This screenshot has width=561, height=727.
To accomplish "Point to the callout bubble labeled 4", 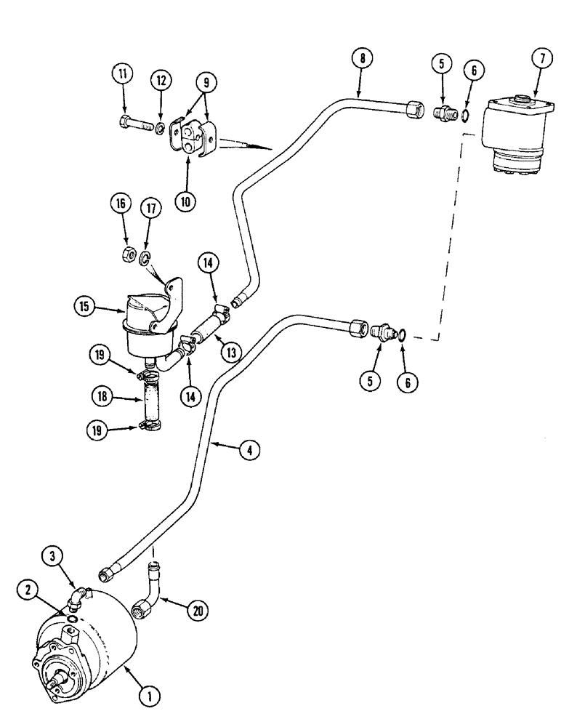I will tap(249, 450).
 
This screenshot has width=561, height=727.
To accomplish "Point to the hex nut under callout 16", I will tap(125, 254).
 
